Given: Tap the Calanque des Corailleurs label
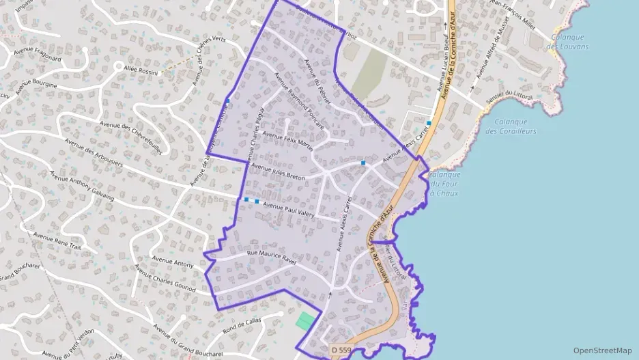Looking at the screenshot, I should (511, 126).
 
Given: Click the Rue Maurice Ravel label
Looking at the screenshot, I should (274, 255).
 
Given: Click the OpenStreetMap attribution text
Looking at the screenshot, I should (602, 350).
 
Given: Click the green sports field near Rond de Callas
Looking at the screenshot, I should (306, 321).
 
